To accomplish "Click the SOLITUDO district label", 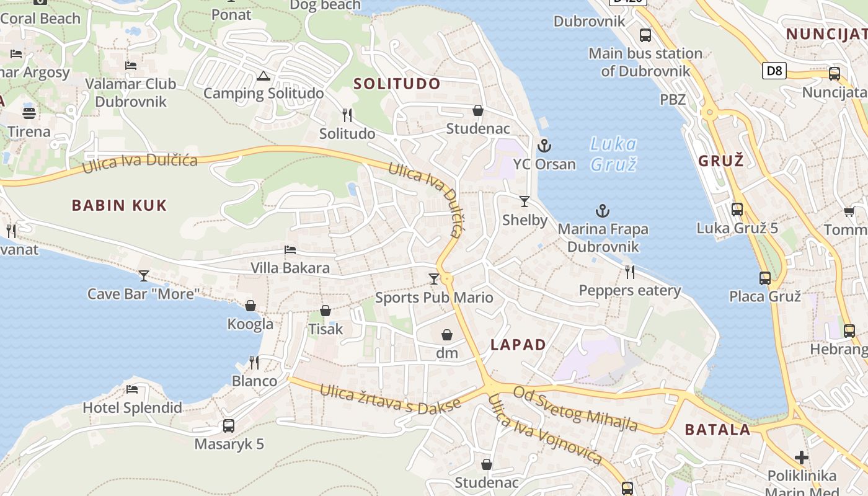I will coord(397,84).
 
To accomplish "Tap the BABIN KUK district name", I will coord(120,205).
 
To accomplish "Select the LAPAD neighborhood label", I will coord(518,345).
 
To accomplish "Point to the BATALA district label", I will coord(717,429).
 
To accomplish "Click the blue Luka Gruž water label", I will coord(613,154).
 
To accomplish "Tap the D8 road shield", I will coord(774,71).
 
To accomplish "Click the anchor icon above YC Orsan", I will coord(544,146).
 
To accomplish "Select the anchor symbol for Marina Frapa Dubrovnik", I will coord(603,211).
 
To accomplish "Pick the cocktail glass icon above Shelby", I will coord(525,201).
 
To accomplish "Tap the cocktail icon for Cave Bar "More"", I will coord(144,275).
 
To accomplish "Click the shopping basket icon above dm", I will coord(447,335).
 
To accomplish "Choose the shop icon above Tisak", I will coord(325,311).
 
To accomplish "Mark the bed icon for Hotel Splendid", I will coord(132,389).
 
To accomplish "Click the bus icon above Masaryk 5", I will coord(229,426).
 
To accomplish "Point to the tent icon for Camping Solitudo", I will coord(263,76).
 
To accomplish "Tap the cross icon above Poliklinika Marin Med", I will coord(802,458).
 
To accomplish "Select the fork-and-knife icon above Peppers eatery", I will coord(630,272).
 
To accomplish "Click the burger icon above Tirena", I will coord(29,113).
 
